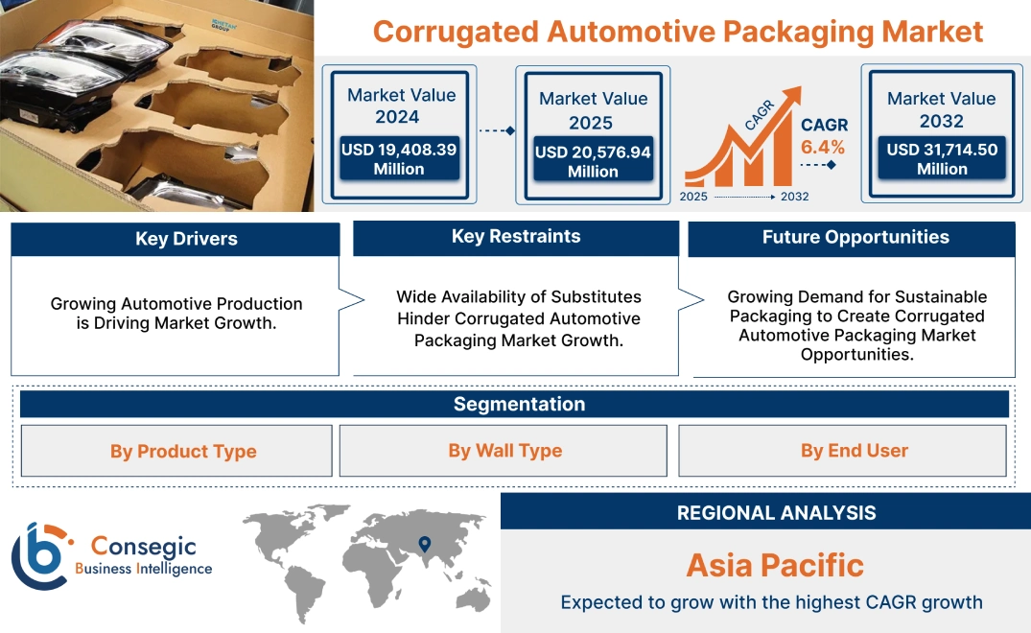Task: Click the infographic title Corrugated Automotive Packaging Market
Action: [678, 31]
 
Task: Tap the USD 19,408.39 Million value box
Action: [398, 159]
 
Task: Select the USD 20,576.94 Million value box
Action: [593, 161]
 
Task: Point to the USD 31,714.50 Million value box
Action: [942, 158]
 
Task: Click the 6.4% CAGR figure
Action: [823, 147]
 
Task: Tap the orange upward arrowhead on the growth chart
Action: [791, 96]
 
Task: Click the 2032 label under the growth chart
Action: [794, 197]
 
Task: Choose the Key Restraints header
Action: [516, 236]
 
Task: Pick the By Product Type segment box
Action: [183, 451]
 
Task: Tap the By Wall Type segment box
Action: [504, 450]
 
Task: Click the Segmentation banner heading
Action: [519, 404]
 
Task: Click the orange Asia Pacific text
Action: [775, 565]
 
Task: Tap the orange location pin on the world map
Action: [424, 544]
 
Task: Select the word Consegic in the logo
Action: [143, 547]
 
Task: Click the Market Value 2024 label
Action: [401, 105]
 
